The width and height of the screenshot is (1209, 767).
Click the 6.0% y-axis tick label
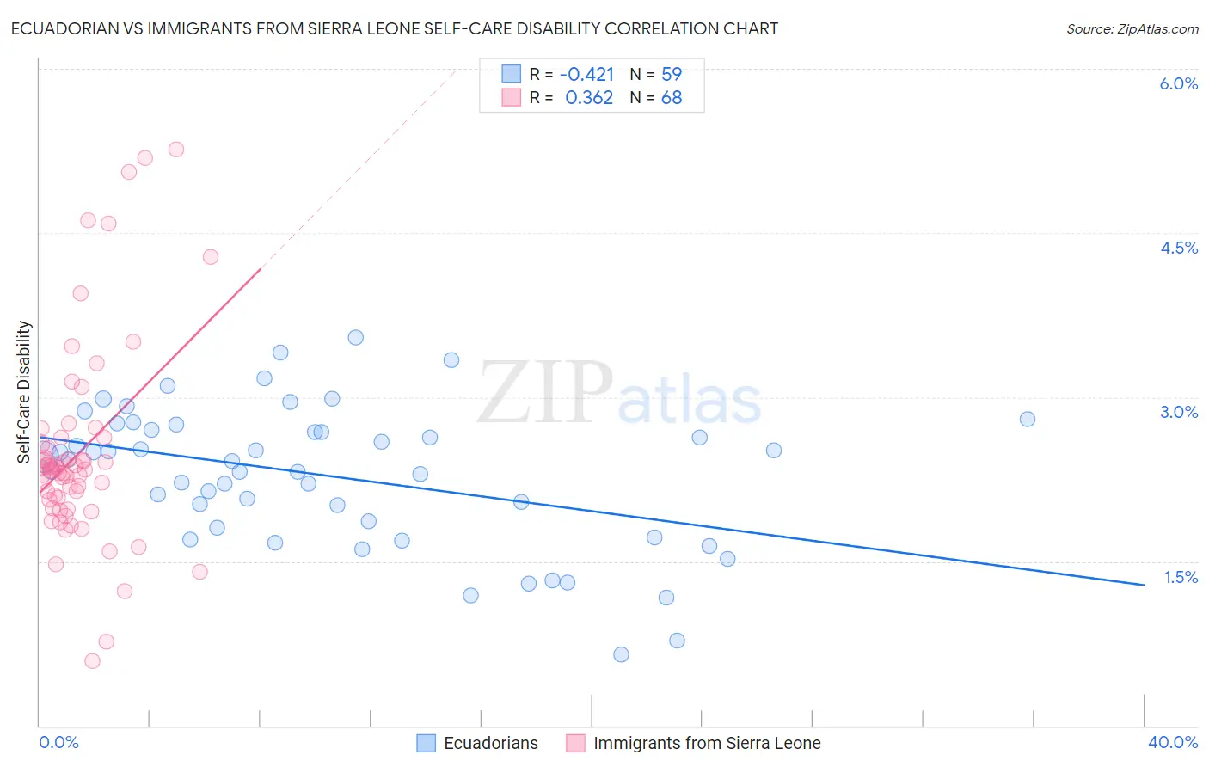click(x=1178, y=83)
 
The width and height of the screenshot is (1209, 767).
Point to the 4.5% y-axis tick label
click(x=1178, y=248)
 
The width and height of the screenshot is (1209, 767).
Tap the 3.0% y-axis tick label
click(x=1178, y=412)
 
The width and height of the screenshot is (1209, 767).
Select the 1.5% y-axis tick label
click(x=1181, y=577)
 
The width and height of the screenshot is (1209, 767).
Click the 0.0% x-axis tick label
click(x=58, y=742)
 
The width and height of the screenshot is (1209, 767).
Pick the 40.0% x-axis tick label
click(x=1172, y=742)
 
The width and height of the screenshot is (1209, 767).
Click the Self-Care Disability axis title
click(x=24, y=392)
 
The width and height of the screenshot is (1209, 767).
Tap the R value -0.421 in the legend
click(x=586, y=74)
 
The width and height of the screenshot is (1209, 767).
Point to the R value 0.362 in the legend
click(x=589, y=98)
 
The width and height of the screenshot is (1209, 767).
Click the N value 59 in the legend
click(x=671, y=74)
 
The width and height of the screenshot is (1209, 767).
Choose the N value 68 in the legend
click(x=671, y=98)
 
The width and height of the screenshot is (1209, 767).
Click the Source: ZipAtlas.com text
click(x=1132, y=29)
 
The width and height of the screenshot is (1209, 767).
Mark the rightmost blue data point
click(x=1027, y=419)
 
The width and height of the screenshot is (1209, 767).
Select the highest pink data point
click(x=176, y=149)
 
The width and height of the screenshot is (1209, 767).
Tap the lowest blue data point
click(x=621, y=654)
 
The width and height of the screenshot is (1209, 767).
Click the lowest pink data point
click(x=92, y=660)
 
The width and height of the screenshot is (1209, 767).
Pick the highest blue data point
click(x=355, y=337)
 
